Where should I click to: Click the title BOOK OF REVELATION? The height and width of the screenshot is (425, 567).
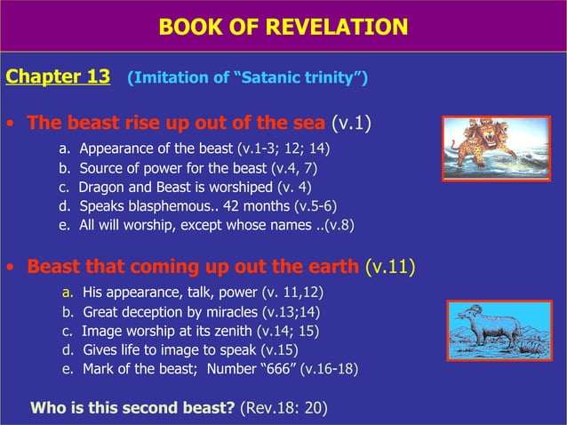[x=283, y=28]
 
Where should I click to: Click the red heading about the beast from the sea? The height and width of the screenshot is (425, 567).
[x=177, y=122]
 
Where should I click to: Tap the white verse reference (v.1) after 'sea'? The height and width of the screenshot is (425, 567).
[x=351, y=122]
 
